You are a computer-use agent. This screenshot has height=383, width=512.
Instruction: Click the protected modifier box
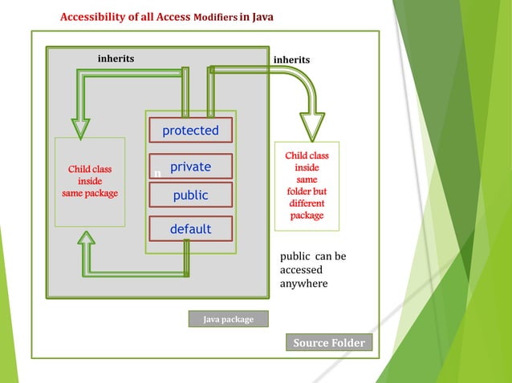point(190,131)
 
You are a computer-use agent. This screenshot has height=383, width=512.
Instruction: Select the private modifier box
point(190,167)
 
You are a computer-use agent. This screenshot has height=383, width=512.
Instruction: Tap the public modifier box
point(190,195)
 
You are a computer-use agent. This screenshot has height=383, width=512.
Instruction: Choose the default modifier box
point(190,229)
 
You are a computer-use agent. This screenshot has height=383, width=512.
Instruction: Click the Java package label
point(228,319)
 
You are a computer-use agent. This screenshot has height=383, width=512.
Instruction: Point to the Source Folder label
point(329,343)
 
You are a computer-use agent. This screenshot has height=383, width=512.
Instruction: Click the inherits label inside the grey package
point(116,58)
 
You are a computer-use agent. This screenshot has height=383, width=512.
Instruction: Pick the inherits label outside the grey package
point(291,59)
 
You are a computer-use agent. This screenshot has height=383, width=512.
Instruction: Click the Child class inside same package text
point(90,182)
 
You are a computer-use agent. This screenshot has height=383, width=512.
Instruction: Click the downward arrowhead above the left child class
point(81,128)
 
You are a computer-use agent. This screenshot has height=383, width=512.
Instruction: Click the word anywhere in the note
point(303,284)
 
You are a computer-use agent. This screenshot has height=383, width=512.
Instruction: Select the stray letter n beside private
point(157,173)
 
